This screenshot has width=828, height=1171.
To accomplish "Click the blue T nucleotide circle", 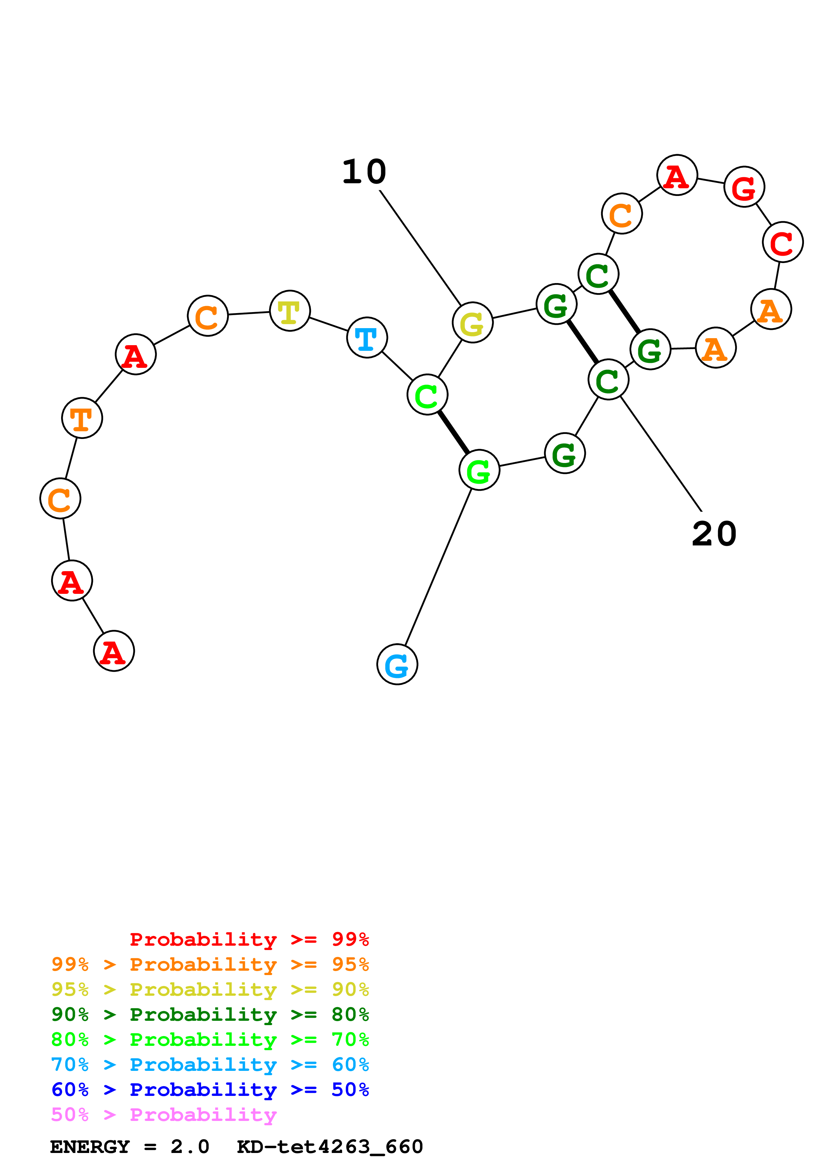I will pyautogui.click(x=367, y=337).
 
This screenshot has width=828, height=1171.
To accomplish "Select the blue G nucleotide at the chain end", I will pyautogui.click(x=397, y=665).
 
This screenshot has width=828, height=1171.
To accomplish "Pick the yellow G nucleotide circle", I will pyautogui.click(x=472, y=322).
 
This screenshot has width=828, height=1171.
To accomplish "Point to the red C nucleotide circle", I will pyautogui.click(x=783, y=242).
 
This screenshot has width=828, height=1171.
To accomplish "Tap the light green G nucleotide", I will pyautogui.click(x=479, y=470).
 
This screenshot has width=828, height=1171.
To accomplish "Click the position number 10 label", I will pyautogui.click(x=364, y=172).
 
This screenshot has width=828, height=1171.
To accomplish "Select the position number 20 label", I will pyautogui.click(x=714, y=534).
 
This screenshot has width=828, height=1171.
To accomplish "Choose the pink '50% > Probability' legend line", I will pyautogui.click(x=164, y=1115).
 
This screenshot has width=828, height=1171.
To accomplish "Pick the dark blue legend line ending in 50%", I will pyautogui.click(x=210, y=1090).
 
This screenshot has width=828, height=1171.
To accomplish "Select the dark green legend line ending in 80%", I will pyautogui.click(x=210, y=1015).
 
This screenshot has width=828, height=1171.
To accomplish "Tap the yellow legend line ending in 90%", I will pyautogui.click(x=210, y=990).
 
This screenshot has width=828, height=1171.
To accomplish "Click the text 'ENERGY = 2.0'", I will pyautogui.click(x=130, y=1147).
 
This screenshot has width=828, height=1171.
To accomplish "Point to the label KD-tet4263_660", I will pyautogui.click(x=330, y=1147).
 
